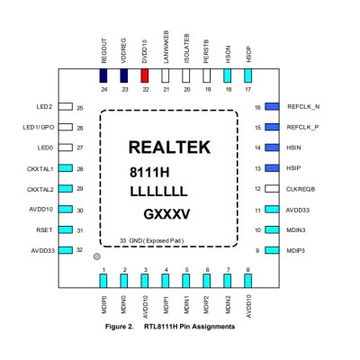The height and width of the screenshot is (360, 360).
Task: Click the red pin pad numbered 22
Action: tap(145, 76)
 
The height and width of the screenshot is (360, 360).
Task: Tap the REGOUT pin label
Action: tap(103, 51)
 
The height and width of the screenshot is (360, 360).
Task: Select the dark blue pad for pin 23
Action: tap(124, 76)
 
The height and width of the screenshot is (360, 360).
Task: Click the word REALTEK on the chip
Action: tap(169, 148)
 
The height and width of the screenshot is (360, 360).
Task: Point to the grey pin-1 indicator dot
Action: tap(96, 256)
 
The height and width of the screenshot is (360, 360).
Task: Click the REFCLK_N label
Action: tap(303, 107)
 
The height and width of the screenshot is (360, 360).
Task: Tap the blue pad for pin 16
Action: tap(272, 106)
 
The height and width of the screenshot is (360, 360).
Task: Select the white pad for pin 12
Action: tap(272, 189)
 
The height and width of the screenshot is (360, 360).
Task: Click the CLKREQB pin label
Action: tap(301, 189)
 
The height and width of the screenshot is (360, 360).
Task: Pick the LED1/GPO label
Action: tap(39, 127)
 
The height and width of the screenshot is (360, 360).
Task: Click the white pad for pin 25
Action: tap(66, 106)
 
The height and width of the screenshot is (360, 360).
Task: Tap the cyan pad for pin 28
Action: tap(66, 168)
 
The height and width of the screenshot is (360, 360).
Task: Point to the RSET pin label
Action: tap(44, 230)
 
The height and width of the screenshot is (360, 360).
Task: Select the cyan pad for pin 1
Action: tap(103, 281)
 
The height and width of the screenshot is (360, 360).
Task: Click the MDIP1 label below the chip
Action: tap(166, 305)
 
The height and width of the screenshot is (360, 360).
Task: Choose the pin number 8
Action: tap(247, 270)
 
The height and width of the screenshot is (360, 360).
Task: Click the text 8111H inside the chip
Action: tap(149, 173)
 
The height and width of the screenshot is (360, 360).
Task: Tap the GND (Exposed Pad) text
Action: tap(157, 240)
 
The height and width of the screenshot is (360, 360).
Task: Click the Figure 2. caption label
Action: tap(119, 327)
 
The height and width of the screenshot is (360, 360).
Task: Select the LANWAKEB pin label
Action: tap(166, 47)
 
